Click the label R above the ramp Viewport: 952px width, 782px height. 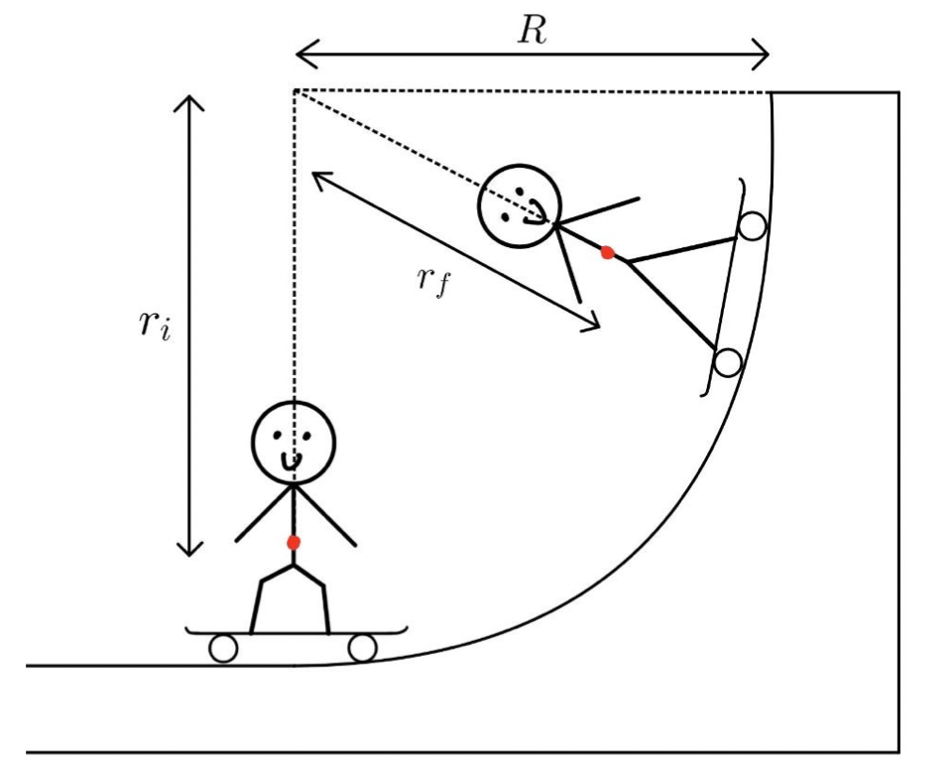click(x=533, y=30)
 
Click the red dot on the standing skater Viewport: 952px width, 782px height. click(x=293, y=542)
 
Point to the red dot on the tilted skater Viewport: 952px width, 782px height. click(x=607, y=253)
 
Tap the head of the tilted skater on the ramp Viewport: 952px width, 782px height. click(x=520, y=205)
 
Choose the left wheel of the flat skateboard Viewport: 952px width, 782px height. click(x=223, y=649)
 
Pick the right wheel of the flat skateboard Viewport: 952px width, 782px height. click(x=363, y=649)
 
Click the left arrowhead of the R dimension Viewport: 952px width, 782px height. click(x=297, y=53)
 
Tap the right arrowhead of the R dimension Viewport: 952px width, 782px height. click(x=767, y=53)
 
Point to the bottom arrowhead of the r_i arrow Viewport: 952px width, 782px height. click(x=188, y=553)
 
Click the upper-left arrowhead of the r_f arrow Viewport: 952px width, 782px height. click(x=315, y=175)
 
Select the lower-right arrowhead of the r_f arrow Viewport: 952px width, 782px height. click(x=598, y=325)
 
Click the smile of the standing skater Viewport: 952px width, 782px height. click(x=294, y=461)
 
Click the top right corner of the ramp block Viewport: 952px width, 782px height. click(x=898, y=92)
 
